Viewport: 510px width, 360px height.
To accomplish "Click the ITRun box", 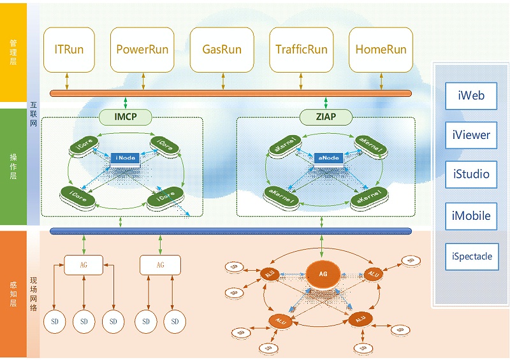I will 69,49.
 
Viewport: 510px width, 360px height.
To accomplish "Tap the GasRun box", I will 222,49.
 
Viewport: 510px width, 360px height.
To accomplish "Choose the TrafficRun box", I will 302,49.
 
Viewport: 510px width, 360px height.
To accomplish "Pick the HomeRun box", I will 381,49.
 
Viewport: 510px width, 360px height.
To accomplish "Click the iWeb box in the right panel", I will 471,96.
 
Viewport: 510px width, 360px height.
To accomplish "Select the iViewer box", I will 471,135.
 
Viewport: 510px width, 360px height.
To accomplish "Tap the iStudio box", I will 471,174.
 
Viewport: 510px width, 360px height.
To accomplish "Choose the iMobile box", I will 471,215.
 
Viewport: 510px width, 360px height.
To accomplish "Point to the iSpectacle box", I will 471,257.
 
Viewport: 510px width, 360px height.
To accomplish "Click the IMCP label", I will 126,117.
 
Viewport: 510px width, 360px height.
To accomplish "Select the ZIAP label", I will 326,117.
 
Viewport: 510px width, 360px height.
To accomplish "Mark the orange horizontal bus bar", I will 230,93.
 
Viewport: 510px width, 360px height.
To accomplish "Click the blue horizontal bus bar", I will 230,231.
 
